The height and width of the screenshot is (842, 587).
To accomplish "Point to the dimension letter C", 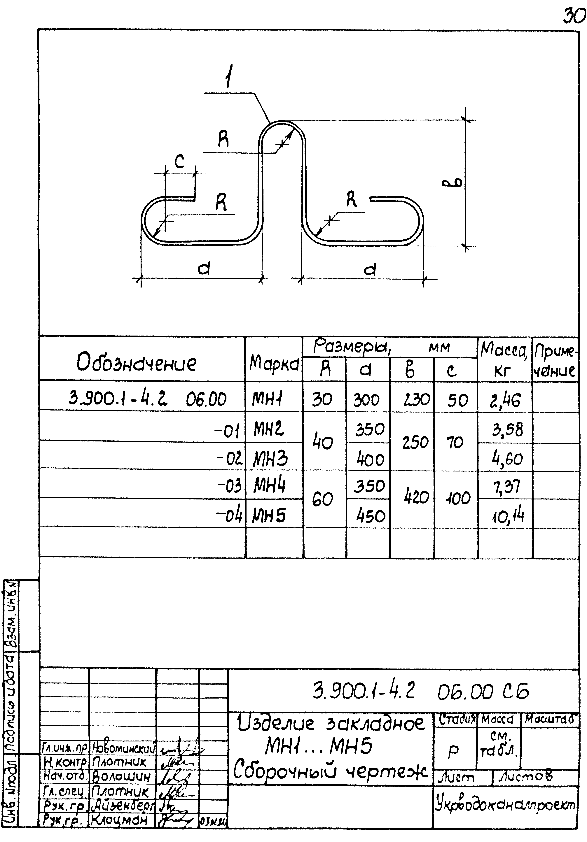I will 179,161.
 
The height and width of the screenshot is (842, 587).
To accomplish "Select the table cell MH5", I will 269,516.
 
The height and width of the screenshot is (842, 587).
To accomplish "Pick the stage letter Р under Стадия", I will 453,752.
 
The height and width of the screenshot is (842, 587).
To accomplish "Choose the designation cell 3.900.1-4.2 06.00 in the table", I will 147,399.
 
